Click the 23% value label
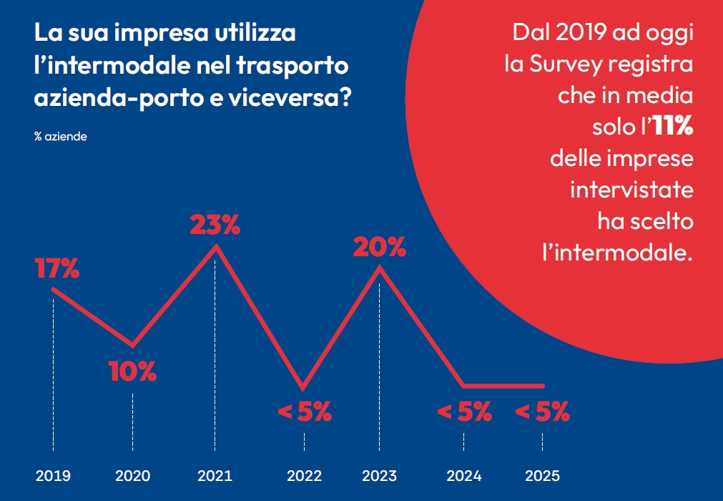[x=215, y=225]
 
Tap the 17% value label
[x=56, y=270]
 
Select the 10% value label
[x=132, y=371]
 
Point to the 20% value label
[x=379, y=248]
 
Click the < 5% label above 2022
[x=304, y=412]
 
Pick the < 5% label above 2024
[x=464, y=412]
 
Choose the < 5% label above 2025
[x=542, y=412]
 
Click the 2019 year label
[x=54, y=475]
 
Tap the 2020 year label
[x=132, y=475]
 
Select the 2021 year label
[x=215, y=475]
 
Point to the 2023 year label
[x=379, y=475]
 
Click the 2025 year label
[x=542, y=475]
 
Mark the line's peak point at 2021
[x=215, y=247]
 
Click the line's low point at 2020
[x=132, y=345]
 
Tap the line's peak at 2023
[x=379, y=268]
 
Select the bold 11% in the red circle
[x=672, y=127]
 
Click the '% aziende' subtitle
[x=61, y=137]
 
